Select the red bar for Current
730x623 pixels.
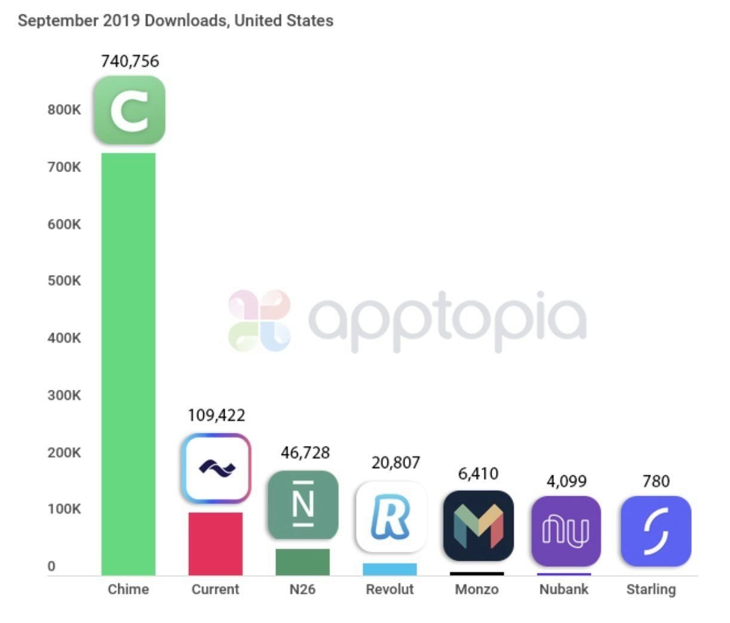tap(216, 543)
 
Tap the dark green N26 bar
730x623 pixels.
tap(302, 562)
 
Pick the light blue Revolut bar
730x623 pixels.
tap(390, 569)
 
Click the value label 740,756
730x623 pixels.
tap(130, 61)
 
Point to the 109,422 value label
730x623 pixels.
tap(216, 415)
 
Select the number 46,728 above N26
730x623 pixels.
tap(305, 453)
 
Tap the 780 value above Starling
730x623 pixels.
tap(656, 481)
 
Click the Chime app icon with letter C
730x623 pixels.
tap(130, 110)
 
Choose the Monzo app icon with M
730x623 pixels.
tap(479, 526)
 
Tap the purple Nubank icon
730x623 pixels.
tap(566, 530)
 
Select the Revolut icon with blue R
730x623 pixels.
tap(391, 517)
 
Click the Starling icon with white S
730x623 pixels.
tap(656, 530)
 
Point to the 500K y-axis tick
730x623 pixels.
tap(65, 281)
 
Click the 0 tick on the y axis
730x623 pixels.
tap(51, 566)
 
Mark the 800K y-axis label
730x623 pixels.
tap(65, 110)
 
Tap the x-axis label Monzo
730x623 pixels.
tap(477, 590)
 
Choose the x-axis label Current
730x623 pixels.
tap(215, 590)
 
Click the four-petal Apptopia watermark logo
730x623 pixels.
tap(259, 320)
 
